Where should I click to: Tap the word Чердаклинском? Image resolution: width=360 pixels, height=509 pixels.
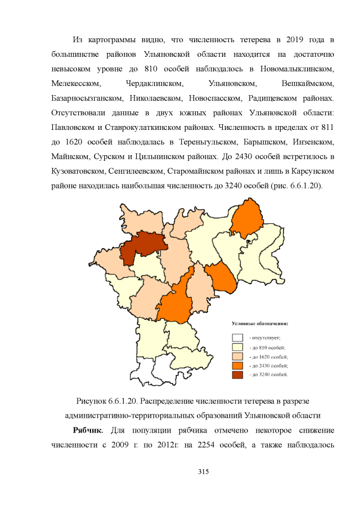(x=155, y=83)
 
